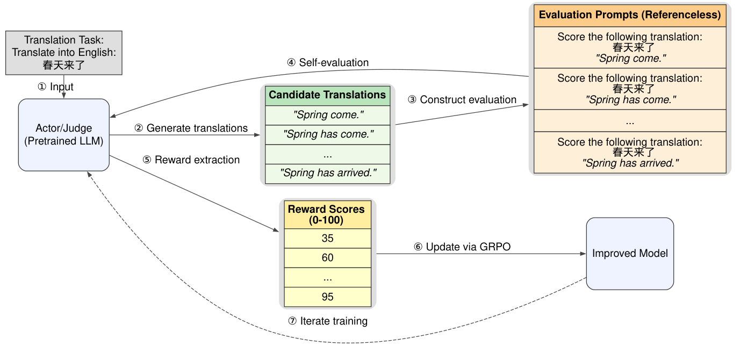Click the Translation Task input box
(64, 53)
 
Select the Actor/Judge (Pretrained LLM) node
(64, 135)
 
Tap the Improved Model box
(630, 254)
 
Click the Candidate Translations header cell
(327, 95)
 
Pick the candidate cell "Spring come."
(327, 115)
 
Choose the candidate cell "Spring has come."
(327, 134)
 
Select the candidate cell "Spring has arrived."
(327, 174)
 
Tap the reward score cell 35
(327, 238)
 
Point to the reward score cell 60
(327, 258)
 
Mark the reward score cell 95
(327, 297)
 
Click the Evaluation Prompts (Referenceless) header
(630, 15)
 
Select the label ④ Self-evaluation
(327, 63)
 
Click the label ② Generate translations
(191, 128)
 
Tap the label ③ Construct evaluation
(462, 99)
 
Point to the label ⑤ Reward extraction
(191, 160)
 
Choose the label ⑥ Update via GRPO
(462, 247)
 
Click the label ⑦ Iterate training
(327, 321)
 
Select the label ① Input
(55, 87)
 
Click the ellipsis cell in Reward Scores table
(327, 278)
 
